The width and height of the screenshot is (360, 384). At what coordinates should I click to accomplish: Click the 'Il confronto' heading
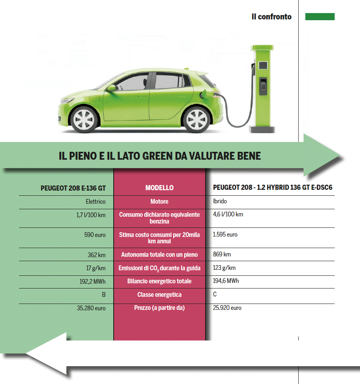pos(271,17)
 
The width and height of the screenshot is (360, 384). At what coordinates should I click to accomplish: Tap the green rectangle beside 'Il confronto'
pos(320,17)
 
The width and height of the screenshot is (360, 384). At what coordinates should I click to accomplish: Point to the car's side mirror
pos(112,88)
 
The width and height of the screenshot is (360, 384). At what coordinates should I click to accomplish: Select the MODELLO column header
pos(159,188)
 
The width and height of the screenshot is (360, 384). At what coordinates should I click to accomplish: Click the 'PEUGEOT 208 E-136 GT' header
pos(73,188)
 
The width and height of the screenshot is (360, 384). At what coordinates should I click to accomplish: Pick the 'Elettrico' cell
pos(95,202)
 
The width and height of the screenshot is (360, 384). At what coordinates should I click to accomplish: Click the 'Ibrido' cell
pos(219,202)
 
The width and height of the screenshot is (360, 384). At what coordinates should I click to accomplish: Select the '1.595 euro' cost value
pos(225,235)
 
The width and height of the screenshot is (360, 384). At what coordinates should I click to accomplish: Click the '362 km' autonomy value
pos(97,255)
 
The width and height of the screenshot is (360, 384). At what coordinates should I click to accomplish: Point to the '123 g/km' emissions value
pos(224,268)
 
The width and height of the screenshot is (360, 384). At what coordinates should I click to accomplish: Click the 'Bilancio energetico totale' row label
pos(159,281)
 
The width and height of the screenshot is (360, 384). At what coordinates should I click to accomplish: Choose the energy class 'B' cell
pos(104,295)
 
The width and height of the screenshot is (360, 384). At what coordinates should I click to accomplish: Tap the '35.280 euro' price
pos(91,308)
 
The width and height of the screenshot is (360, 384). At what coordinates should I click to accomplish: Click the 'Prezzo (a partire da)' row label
pos(159,308)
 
